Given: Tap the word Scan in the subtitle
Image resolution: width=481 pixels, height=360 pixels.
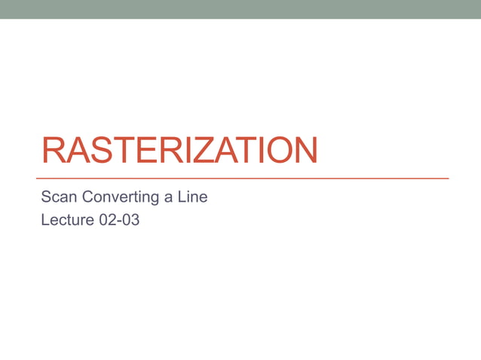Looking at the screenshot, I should click(59, 198).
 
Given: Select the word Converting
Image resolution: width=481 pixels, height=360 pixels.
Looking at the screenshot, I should click(120, 198).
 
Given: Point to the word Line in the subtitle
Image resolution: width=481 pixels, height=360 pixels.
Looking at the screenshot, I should click(193, 198).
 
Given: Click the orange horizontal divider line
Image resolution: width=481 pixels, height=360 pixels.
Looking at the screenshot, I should click(244, 178).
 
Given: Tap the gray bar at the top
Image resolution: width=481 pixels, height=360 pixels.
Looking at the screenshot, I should click(240, 9).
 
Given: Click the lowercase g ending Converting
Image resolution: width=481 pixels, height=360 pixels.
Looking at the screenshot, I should click(154, 200).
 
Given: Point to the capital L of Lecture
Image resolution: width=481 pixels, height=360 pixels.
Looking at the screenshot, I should click(45, 222).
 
